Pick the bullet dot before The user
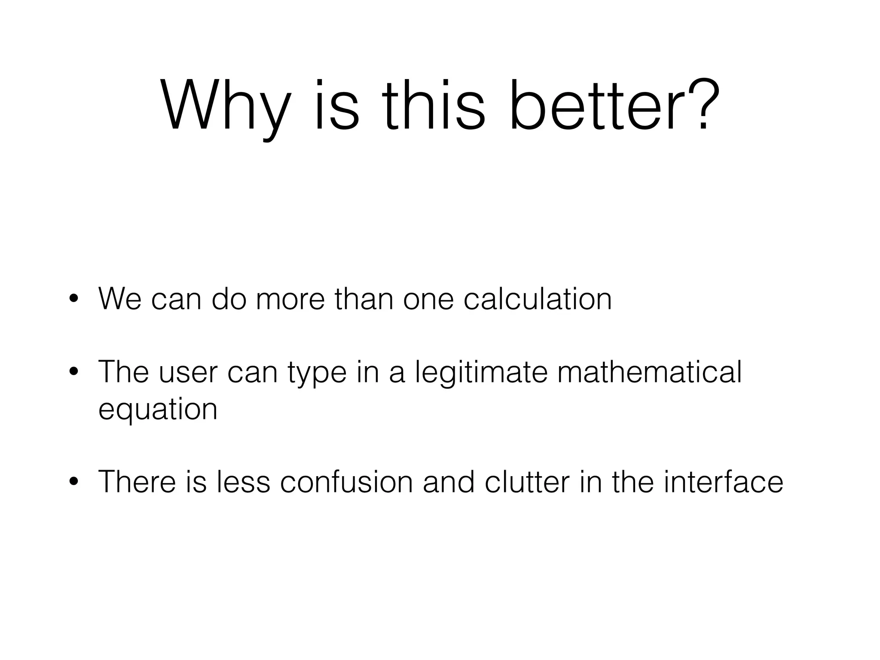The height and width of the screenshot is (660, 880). click(73, 373)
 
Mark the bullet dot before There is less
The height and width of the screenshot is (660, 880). click(73, 483)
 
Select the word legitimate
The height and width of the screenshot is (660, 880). click(481, 373)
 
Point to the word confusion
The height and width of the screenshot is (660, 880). click(346, 482)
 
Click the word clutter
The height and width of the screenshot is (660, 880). click(527, 482)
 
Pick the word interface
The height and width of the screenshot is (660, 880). click(723, 482)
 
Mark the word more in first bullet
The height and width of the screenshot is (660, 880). click(290, 299)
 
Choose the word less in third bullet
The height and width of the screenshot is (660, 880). click(243, 482)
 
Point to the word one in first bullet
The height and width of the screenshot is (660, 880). click(428, 299)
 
